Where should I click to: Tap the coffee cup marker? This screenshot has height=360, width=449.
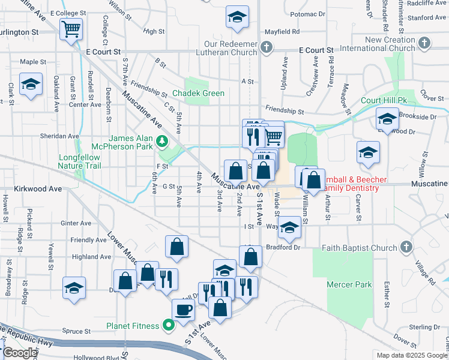pos(183,310)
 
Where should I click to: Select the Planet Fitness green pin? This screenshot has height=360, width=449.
pos(169,326)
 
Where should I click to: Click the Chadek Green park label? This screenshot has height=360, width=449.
pos(198,93)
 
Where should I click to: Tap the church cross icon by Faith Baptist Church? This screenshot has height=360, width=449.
pos(407,247)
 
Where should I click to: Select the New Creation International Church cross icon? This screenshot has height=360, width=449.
pos(424,43)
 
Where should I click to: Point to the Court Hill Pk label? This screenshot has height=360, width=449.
pos(384,100)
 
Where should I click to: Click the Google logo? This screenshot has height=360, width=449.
pos(20,353)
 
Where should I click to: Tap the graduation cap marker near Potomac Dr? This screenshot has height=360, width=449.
pos(237,17)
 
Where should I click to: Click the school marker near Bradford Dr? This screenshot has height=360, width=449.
pos(289,227)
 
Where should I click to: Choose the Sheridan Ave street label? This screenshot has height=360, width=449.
pos(60,136)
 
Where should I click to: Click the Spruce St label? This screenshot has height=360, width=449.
pos(76,331)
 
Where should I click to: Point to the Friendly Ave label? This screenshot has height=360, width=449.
pos(88,240)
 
